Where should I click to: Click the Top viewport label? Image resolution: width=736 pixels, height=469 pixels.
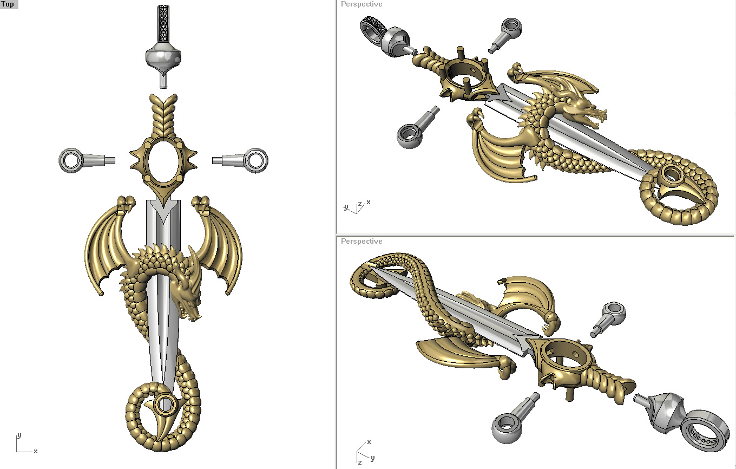click(x=8, y=4)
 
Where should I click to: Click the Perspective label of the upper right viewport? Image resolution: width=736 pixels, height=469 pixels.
click(x=361, y=4)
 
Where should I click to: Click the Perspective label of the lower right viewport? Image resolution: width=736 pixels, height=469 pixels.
click(x=361, y=242)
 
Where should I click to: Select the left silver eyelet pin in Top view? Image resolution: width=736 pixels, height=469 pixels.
click(x=81, y=160)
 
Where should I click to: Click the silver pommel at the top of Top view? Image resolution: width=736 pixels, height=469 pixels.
click(x=163, y=57)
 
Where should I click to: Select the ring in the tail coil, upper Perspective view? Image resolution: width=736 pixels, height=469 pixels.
click(x=673, y=174)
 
